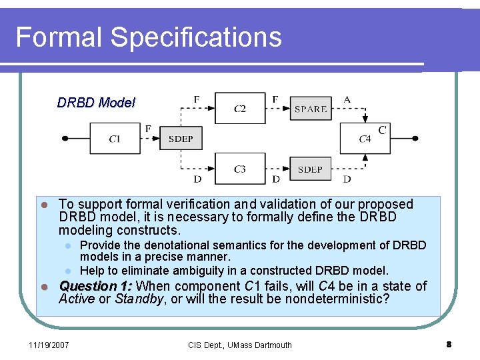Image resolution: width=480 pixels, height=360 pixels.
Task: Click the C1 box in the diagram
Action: pos(115,139)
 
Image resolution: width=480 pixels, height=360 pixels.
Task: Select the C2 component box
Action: pos(239,108)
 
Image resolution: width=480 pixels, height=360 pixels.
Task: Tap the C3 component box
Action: pos(239,169)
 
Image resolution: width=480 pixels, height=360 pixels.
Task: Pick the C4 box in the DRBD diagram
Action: pos(365,139)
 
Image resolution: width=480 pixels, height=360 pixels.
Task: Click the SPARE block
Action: pos(311,108)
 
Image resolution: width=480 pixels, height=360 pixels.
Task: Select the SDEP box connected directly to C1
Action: pos(181,139)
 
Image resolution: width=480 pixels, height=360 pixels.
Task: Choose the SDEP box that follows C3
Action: pos(310,169)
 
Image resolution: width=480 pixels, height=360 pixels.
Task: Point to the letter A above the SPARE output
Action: pos(347,99)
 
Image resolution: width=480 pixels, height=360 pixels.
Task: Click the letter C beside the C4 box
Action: pos(382,130)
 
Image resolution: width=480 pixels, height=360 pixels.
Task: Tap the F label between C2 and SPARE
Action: pos(275,99)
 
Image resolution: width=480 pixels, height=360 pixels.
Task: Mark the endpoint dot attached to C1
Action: pos(65,139)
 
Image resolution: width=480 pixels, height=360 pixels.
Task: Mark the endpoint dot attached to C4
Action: pos(415,139)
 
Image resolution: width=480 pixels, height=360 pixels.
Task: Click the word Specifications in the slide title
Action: pos(197,37)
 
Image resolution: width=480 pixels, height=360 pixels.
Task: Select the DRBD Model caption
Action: pos(96,103)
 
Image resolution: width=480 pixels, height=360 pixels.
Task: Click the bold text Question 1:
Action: pos(95,286)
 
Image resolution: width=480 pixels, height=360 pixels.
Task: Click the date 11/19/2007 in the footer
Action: pos(48,345)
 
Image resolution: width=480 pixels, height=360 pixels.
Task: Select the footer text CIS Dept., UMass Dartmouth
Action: pos(240,345)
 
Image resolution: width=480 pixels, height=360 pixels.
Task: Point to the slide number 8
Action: pos(449,345)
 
